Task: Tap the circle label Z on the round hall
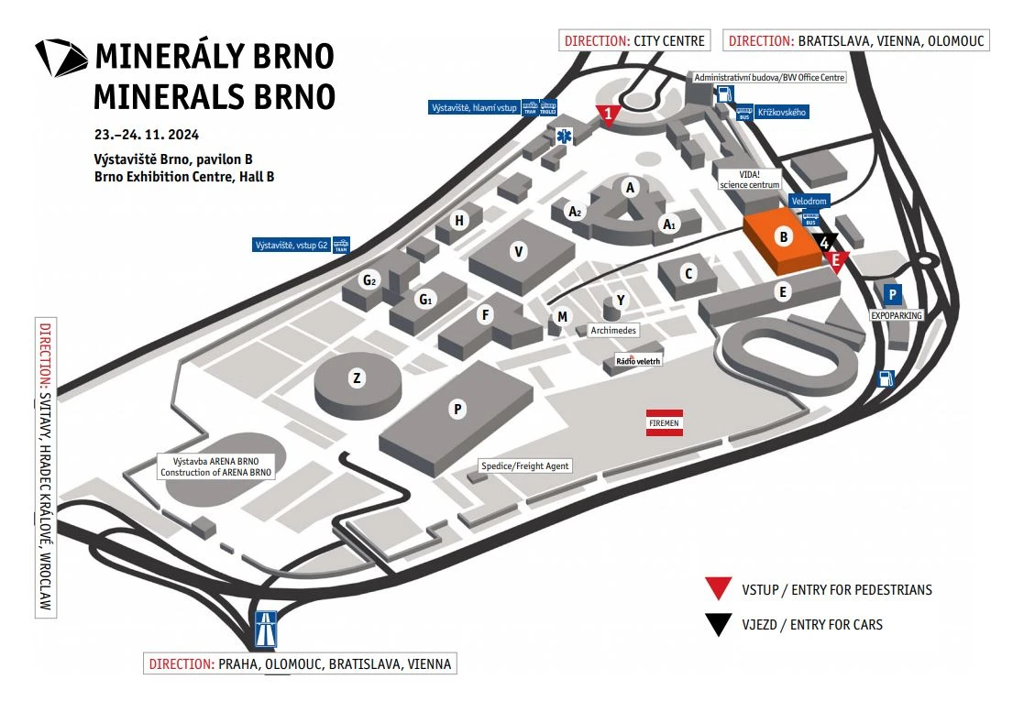(357, 378)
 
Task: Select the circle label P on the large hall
(456, 410)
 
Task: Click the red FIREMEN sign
(663, 422)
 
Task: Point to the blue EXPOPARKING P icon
(891, 294)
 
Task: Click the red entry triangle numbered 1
(609, 114)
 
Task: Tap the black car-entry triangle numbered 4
(825, 242)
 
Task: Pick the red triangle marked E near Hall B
(835, 260)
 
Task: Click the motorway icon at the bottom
(266, 630)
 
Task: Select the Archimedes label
(613, 330)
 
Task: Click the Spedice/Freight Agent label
(525, 466)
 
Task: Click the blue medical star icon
(563, 136)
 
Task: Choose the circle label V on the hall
(519, 252)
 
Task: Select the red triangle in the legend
(718, 589)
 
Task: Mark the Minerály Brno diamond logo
(61, 58)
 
